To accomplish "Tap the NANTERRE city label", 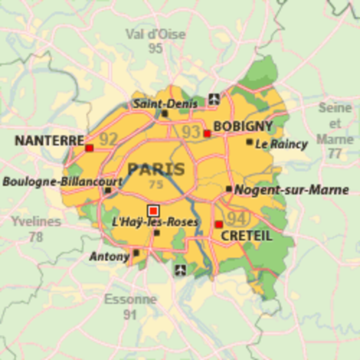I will [49, 140].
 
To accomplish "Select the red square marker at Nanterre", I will [90, 148].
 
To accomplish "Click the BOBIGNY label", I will [243, 126].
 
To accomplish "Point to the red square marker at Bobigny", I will [207, 133].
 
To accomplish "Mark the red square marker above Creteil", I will [219, 224].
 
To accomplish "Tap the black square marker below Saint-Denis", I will [165, 114].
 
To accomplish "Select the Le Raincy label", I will [281, 144].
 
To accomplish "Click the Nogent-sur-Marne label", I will [291, 190].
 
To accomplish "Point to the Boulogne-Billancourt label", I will [62, 181].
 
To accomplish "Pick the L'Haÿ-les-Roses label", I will [154, 222].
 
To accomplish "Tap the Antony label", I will [109, 256].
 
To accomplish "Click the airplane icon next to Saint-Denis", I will [215, 98].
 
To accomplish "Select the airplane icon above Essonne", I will [179, 269].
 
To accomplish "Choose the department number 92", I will [109, 139].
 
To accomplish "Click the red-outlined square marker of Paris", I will [154, 210].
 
